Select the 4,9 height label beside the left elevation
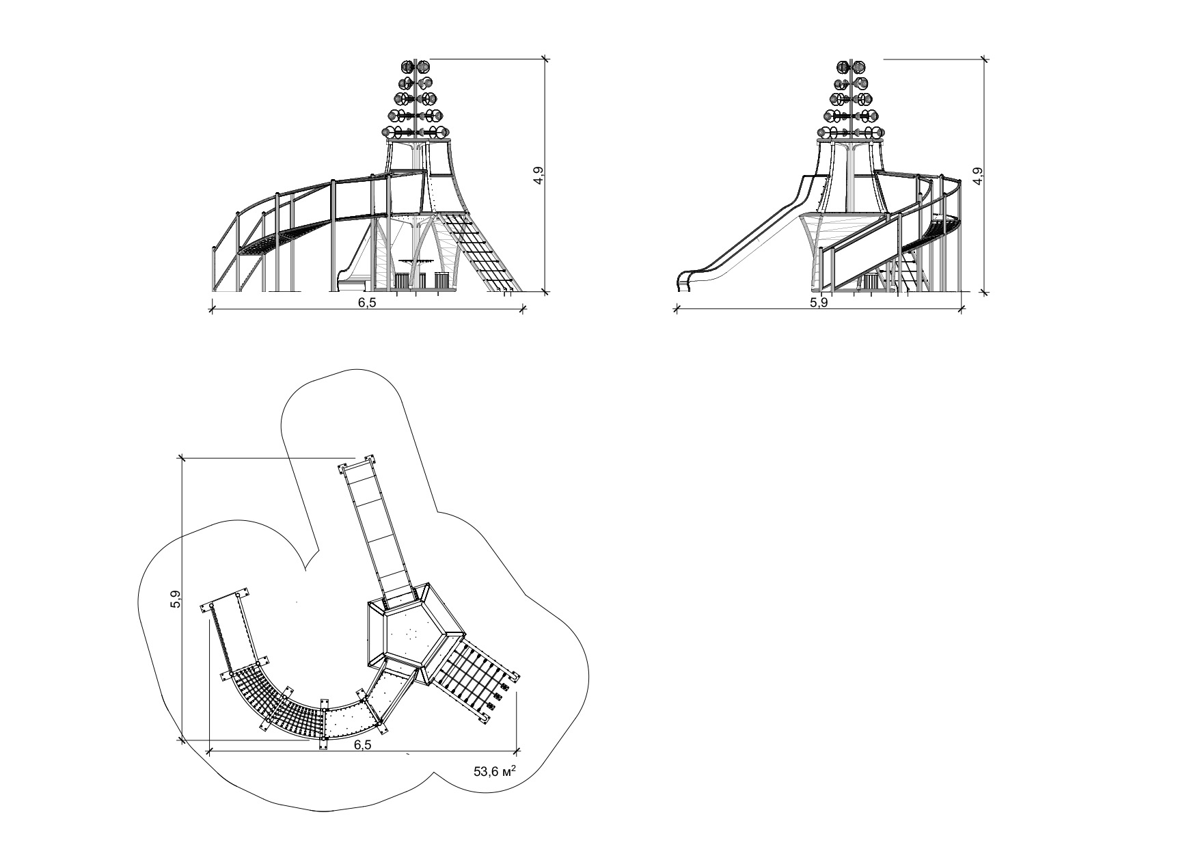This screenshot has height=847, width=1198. pos(540,176)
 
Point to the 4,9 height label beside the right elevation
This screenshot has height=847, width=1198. pos(979,176)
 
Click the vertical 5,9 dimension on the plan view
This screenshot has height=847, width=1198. pos(176,599)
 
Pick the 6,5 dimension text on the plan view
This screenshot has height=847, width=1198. pos(363,744)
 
